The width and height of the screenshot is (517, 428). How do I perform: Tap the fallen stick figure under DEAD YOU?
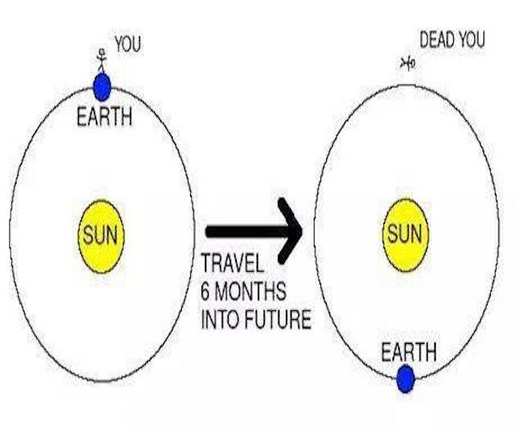point(406,63)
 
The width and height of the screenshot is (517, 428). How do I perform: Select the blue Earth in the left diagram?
point(102,85)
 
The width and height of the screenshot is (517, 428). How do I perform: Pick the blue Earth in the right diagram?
point(405,379)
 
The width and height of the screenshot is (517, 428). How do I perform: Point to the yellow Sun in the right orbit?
point(404,234)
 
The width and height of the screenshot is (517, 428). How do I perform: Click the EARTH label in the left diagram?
point(104,116)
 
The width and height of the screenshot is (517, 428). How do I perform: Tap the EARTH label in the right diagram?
point(408,353)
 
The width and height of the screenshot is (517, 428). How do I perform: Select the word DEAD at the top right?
point(438,38)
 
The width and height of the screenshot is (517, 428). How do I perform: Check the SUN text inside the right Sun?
point(404,234)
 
